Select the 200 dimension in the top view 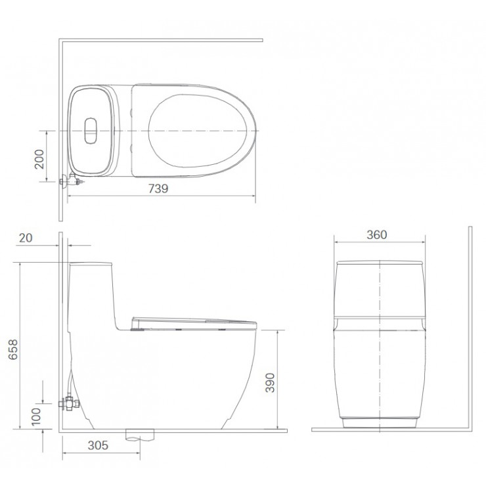(x=39, y=158)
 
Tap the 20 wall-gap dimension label (x=26, y=238)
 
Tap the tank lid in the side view (x=91, y=264)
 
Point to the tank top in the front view (x=378, y=265)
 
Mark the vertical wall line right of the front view (x=470, y=328)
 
